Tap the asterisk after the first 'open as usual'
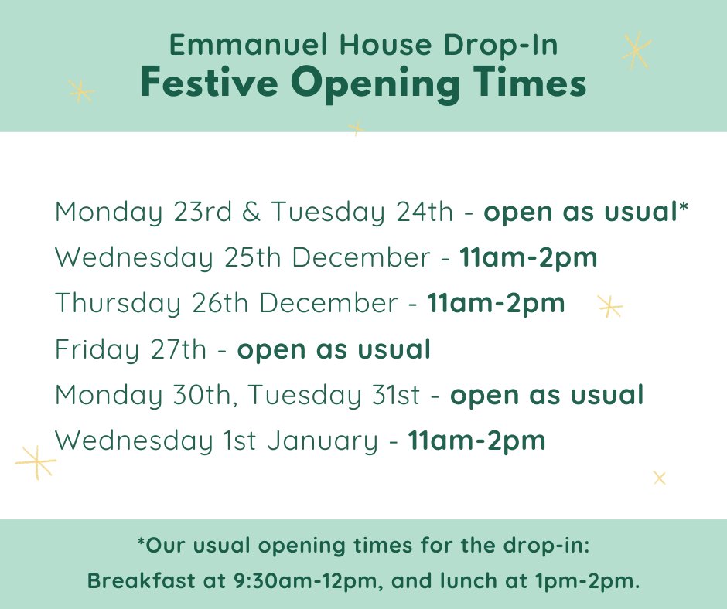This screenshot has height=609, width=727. pyautogui.click(x=684, y=209)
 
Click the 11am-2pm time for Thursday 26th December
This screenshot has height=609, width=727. pyautogui.click(x=496, y=303)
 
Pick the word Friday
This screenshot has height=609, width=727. pyautogui.click(x=96, y=350)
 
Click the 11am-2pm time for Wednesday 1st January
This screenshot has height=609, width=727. pyautogui.click(x=476, y=441)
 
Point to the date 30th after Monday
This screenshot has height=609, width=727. pyautogui.click(x=206, y=395)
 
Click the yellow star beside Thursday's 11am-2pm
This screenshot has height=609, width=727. pyautogui.click(x=610, y=307)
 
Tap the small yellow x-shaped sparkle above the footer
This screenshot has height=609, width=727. pyautogui.click(x=659, y=478)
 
